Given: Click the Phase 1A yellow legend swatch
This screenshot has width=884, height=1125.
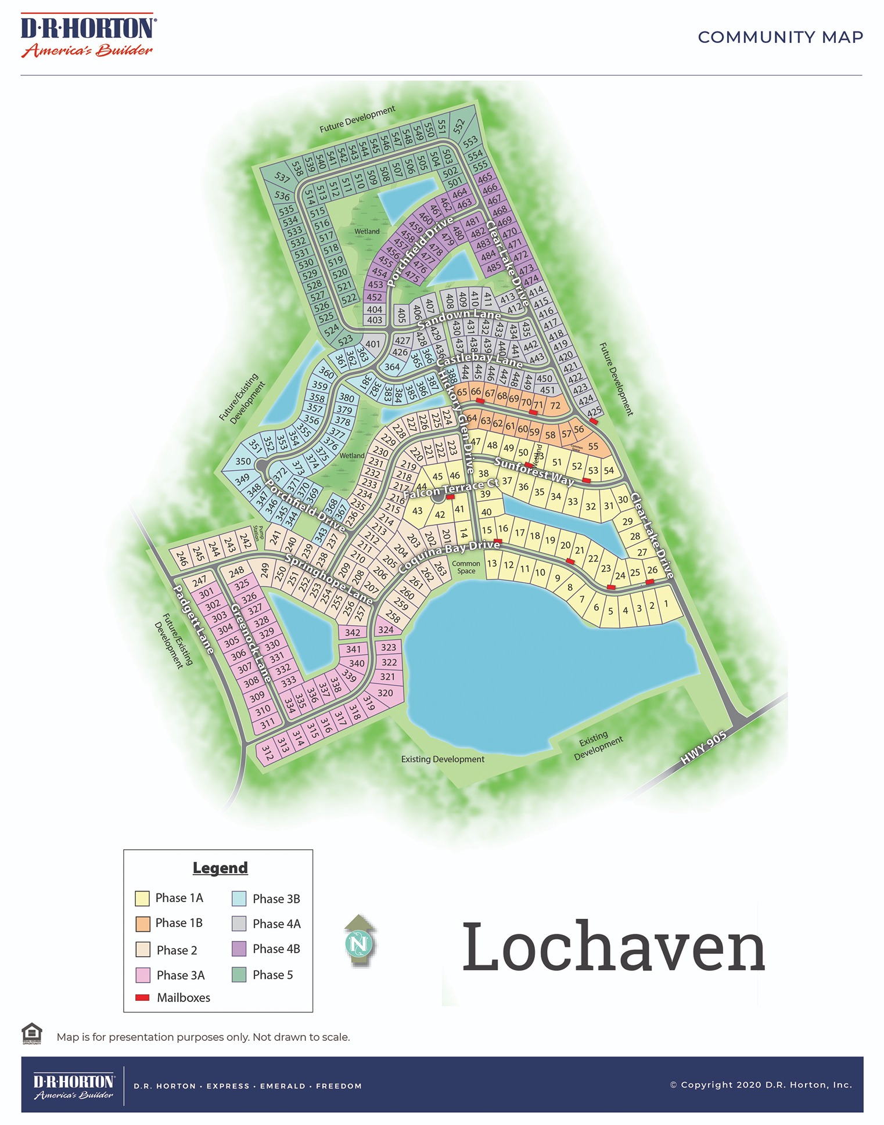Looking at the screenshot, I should coord(142,899).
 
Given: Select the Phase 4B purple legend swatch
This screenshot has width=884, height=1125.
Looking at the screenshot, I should coord(239,949).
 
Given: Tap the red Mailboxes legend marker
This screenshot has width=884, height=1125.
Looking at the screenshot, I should coord(142,998).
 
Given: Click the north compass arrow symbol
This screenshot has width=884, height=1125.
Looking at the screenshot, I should coord(360,941).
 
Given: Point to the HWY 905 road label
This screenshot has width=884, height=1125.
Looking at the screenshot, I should coord(703,747).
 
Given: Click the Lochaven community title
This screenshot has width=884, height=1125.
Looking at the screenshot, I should coord(613,947).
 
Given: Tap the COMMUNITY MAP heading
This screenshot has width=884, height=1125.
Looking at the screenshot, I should coord(780,37).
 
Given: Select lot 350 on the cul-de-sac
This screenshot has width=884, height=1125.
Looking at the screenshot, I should coord(243,461).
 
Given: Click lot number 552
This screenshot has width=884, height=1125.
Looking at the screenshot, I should coord(459,126).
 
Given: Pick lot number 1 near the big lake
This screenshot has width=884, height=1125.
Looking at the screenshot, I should coord(666,604).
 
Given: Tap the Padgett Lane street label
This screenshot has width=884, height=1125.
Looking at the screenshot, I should coord(194,619).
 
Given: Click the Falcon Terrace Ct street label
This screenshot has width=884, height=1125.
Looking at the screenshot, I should coord(451,489).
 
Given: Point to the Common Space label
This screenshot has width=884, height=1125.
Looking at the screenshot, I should coord(466,567).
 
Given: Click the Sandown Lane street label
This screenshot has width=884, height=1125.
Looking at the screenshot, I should coord(459,318).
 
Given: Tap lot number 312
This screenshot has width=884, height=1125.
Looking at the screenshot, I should coord(267,753).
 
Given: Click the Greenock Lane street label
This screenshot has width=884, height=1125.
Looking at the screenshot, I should coord(251,643).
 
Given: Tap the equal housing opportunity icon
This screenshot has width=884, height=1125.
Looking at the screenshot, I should coord(32,1033).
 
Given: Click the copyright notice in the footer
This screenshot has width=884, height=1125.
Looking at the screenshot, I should coord(761,1084).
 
